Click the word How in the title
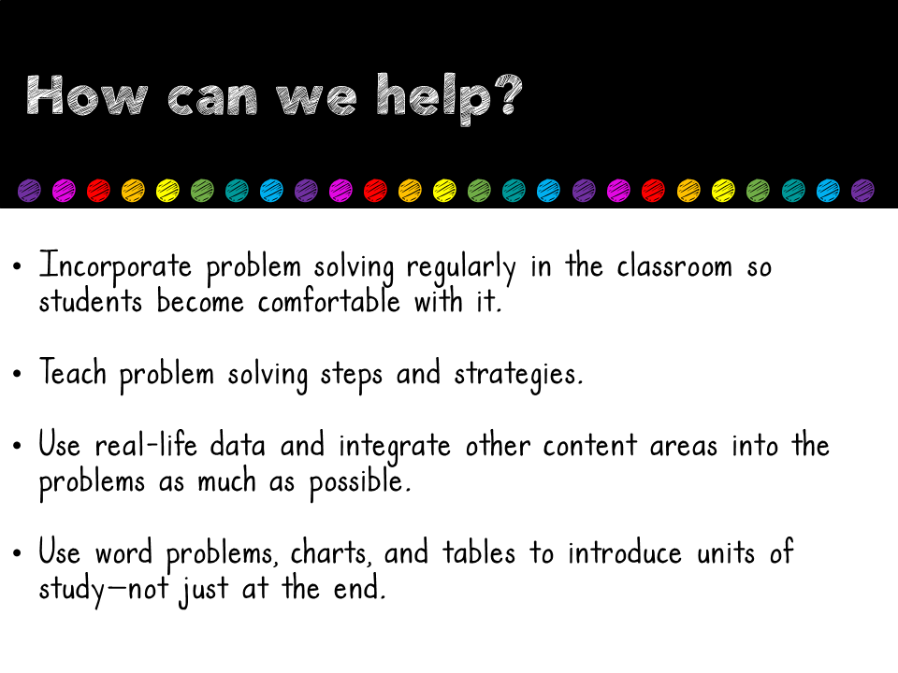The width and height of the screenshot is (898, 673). click(88, 96)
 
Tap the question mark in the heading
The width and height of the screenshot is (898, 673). click(504, 96)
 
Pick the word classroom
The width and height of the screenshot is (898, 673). click(673, 267)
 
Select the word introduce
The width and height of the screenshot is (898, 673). click(625, 554)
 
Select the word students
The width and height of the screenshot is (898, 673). click(90, 302)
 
